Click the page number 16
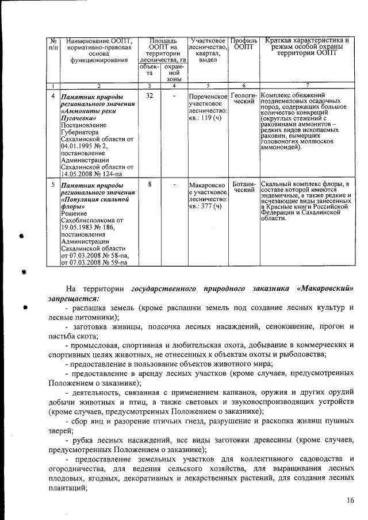(x=350, y=501)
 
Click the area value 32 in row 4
(x=149, y=95)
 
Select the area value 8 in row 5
(x=149, y=184)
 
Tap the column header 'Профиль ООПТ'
(x=243, y=45)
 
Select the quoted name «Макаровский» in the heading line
(x=325, y=288)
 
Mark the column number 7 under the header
(x=306, y=85)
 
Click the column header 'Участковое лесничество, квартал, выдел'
(x=208, y=49)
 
